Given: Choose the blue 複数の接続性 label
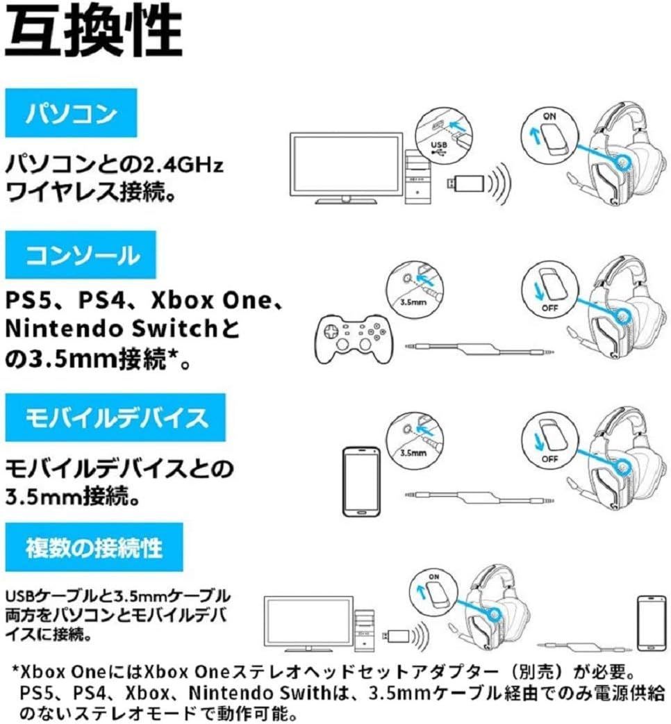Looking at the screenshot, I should coord(94,549).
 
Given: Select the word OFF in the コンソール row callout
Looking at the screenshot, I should coord(549,306).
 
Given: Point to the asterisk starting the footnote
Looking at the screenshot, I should coord(15,671).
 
